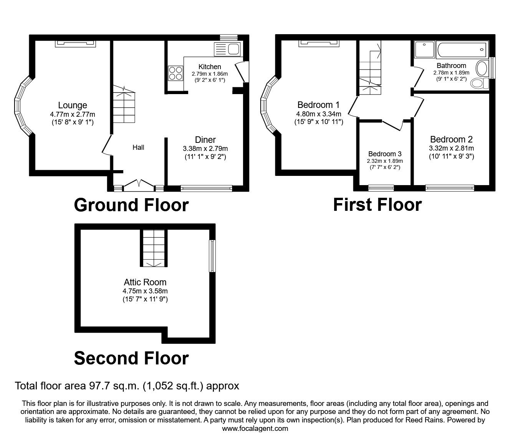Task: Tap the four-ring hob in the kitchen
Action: click(175, 73)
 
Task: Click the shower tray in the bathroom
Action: click(424, 50)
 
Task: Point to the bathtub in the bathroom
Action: click(461, 50)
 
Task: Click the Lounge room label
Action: click(73, 105)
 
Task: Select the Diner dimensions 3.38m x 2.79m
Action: click(205, 149)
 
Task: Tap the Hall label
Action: click(138, 147)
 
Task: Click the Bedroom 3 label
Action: click(385, 154)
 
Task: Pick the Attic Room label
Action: click(145, 283)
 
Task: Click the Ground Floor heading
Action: click(131, 205)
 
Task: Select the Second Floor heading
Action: click(131, 358)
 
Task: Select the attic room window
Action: click(212, 256)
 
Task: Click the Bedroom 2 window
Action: click(450, 188)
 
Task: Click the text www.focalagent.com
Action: click(255, 429)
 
